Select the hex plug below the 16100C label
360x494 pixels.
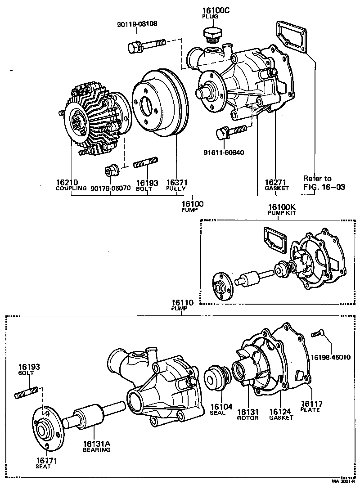click(211, 34)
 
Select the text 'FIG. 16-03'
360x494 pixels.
click(324, 187)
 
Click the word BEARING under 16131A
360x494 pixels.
click(96, 449)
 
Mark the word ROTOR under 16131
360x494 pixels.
click(248, 418)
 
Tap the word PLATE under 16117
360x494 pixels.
click(310, 410)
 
